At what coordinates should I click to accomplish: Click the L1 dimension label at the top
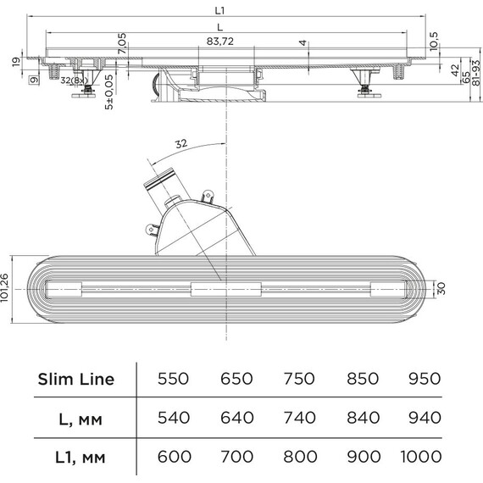click(219, 11)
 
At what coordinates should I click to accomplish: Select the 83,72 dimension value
click(220, 42)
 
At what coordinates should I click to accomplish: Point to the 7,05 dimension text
click(122, 43)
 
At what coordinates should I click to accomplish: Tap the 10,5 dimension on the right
click(433, 41)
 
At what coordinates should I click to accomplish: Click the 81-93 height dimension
click(476, 73)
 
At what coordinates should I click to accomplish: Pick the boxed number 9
click(35, 80)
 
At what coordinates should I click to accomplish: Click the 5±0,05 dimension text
click(109, 92)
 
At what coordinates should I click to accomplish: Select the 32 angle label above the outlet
click(181, 143)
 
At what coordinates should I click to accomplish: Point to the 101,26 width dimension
click(4, 288)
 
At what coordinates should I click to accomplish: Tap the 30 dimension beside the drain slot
click(441, 289)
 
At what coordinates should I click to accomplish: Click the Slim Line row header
click(76, 379)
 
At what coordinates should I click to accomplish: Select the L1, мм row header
click(80, 457)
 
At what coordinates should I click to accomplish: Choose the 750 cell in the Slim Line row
click(299, 379)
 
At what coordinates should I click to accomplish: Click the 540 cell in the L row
click(174, 418)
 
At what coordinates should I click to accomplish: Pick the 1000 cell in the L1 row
click(421, 457)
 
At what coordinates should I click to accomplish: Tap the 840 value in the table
click(363, 418)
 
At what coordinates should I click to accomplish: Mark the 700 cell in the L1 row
click(236, 457)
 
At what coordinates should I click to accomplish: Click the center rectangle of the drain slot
click(226, 290)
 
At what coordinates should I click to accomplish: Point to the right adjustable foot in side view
click(369, 84)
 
